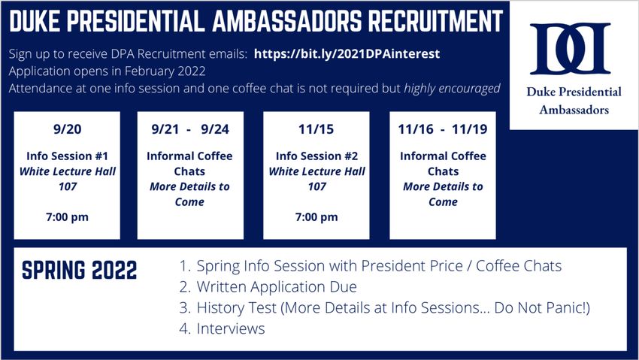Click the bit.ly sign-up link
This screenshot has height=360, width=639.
coord(347,54)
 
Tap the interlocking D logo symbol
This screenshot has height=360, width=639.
coord(570,48)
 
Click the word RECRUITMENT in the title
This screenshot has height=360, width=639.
coord(435,21)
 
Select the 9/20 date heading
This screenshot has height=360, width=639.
coord(67,129)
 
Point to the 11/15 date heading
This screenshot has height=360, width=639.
coord(316,129)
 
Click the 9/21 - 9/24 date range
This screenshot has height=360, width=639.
coord(190,129)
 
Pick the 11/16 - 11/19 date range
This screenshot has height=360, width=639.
coord(443,129)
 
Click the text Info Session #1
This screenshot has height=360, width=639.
coord(67,156)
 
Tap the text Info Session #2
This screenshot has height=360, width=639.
coord(316,156)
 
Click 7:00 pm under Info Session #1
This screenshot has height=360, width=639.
coord(67,217)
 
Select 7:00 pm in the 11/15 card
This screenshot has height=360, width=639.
coord(316,217)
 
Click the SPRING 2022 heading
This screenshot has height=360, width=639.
coord(80,271)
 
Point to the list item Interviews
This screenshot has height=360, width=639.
coord(231,328)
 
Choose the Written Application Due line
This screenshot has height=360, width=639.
coord(277,286)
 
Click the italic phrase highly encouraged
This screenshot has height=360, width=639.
coord(452,89)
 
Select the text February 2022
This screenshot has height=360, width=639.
coord(165,71)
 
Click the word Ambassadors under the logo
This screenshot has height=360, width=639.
coord(574,110)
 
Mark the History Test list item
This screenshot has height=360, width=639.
coord(385,308)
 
